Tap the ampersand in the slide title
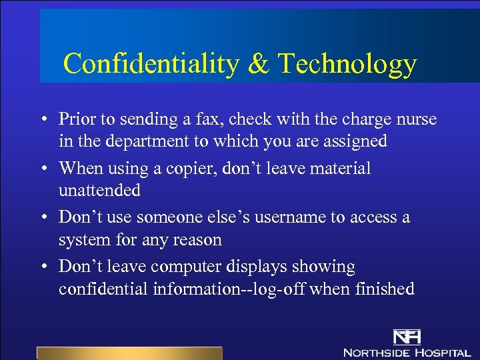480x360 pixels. (x=258, y=64)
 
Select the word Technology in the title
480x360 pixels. (x=347, y=64)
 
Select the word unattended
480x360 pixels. (x=99, y=191)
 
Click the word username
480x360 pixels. (x=297, y=217)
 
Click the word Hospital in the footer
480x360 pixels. (x=441, y=352)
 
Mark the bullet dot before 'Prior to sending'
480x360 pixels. (x=42, y=120)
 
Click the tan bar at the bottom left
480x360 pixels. (x=129, y=353)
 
